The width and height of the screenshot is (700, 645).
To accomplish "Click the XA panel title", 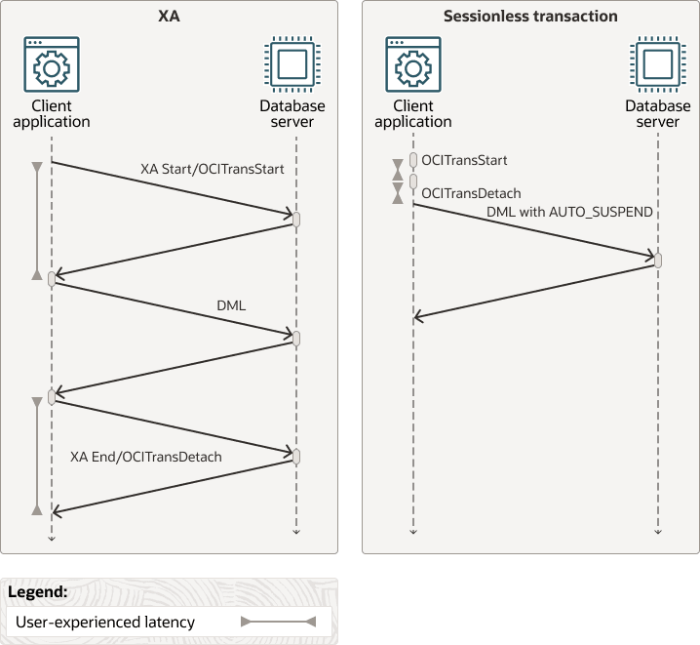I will click(170, 16).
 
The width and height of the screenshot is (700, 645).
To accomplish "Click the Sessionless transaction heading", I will click(530, 16).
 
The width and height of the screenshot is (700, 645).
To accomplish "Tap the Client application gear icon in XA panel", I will click(51, 64).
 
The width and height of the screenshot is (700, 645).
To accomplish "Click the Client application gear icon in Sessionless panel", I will click(412, 64).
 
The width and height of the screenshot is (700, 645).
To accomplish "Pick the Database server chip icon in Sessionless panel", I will click(657, 64).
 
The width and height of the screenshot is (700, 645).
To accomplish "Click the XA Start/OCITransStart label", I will click(212, 169).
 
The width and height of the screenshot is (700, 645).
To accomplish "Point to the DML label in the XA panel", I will click(231, 305).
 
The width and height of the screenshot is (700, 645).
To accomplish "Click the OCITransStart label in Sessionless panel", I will click(464, 160).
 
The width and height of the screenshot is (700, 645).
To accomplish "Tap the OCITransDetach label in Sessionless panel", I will click(471, 193).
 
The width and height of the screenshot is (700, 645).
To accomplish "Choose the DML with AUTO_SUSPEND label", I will click(569, 212).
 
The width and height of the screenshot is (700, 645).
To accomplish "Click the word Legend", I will click(37, 591).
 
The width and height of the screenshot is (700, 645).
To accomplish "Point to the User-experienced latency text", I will click(105, 622).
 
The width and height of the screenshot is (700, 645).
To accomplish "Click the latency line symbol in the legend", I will click(278, 622).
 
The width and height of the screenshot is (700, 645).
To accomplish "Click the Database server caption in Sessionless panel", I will click(657, 114).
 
